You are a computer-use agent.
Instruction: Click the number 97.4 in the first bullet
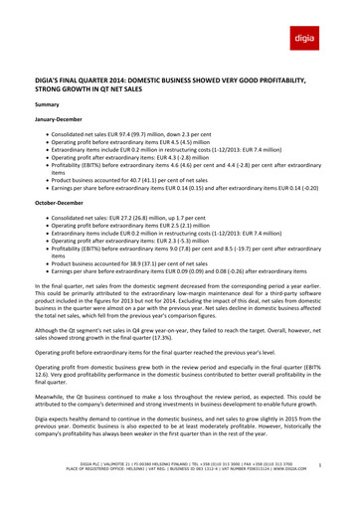point(139,136)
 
